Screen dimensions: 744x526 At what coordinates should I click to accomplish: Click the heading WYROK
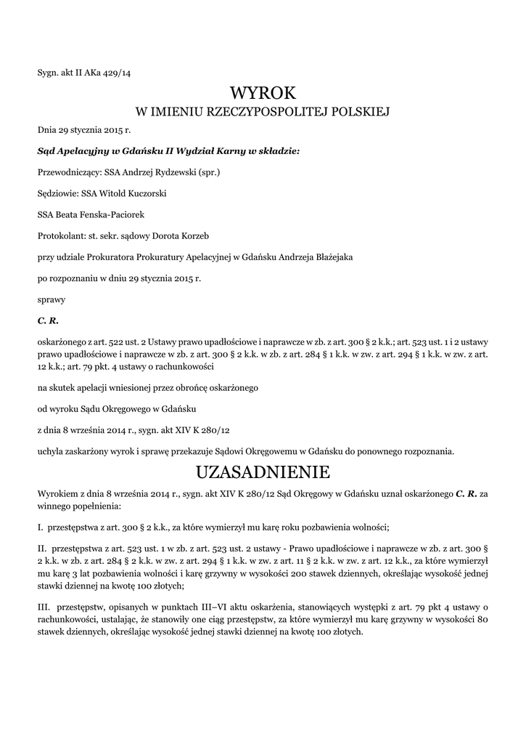point(263,92)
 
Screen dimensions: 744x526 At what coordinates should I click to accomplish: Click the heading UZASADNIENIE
point(263,473)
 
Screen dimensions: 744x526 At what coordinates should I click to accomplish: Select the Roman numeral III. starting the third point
point(44,607)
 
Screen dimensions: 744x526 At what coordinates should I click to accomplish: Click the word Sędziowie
point(57,194)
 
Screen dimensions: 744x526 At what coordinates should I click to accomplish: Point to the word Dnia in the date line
point(46,132)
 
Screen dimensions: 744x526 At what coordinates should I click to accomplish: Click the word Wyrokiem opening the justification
point(57,493)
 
